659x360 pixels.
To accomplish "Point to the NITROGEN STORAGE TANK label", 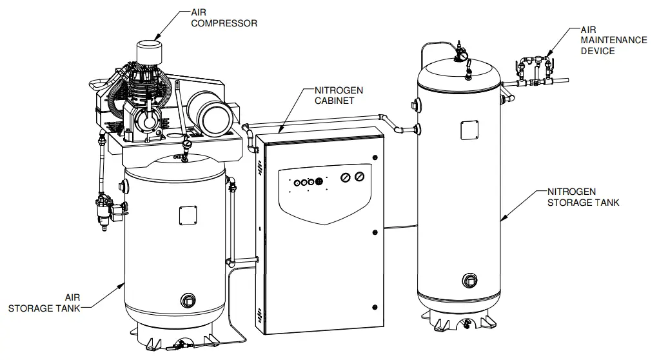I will pyautogui.click(x=583, y=197).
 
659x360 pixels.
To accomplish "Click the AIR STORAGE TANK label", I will pyautogui.click(x=44, y=303).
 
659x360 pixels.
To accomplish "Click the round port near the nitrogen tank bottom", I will pyautogui.click(x=469, y=281).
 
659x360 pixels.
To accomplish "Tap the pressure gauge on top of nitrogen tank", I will pyautogui.click(x=460, y=57).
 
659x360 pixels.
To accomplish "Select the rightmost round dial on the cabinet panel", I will pyautogui.click(x=360, y=177).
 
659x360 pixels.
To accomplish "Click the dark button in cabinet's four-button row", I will pyautogui.click(x=319, y=183).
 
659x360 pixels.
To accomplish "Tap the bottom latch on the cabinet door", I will pyautogui.click(x=373, y=306).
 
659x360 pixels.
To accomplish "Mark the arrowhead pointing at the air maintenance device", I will pyautogui.click(x=546, y=54).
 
